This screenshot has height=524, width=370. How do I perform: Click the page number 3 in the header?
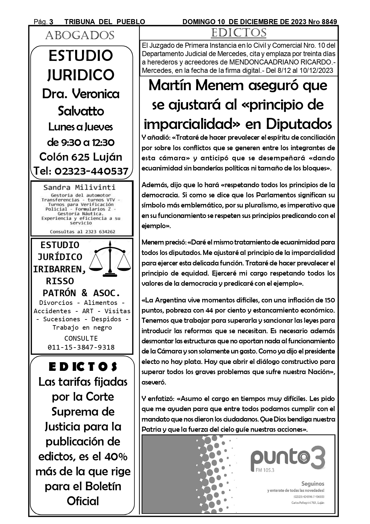click(x=51, y=22)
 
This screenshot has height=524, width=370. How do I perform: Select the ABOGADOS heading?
click(x=80, y=36)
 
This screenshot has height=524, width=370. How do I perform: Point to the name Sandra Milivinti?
click(x=79, y=188)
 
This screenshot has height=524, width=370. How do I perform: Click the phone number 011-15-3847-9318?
click(x=81, y=347)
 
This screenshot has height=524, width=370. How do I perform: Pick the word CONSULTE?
click(x=81, y=338)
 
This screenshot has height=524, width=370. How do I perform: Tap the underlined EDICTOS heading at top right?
click(x=239, y=33)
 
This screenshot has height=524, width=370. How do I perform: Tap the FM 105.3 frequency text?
click(x=265, y=470)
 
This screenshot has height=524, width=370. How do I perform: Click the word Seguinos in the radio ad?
click(x=313, y=483)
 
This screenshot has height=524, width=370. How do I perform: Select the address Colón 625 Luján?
click(x=81, y=157)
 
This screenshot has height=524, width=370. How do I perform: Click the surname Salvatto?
click(x=81, y=111)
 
